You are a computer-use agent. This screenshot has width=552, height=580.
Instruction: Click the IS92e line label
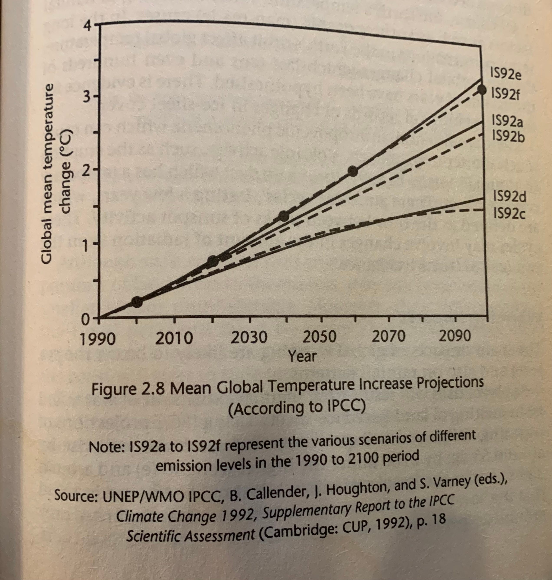506,74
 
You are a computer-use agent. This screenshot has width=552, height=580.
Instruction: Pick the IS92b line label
508,136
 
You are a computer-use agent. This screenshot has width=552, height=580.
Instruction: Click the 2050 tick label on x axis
319,337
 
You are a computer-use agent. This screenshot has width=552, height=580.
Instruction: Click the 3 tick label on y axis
86,97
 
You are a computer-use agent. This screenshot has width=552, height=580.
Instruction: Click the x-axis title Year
302,356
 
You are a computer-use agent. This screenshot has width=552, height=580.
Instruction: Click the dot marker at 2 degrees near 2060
353,171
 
